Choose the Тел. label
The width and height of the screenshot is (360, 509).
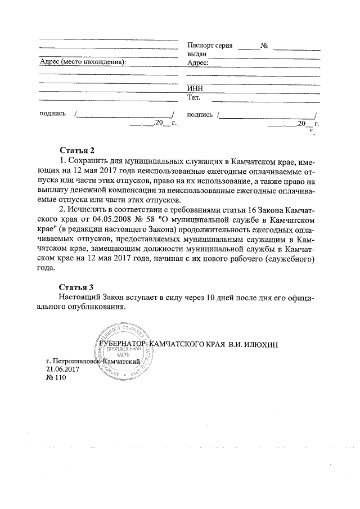(x=194, y=98)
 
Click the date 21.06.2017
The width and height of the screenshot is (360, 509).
(x=63, y=369)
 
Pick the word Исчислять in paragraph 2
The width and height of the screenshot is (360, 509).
(x=88, y=209)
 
